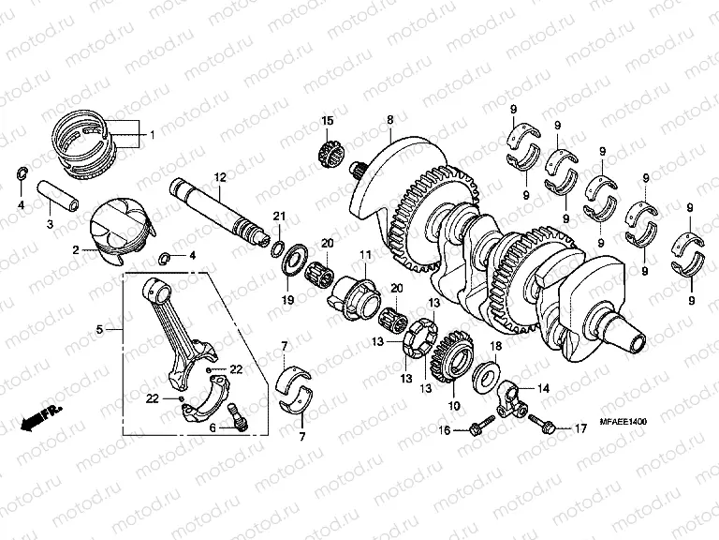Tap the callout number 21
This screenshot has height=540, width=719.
(278, 217)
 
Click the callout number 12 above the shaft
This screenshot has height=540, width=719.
(219, 177)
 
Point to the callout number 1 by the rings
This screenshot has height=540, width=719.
(152, 135)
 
